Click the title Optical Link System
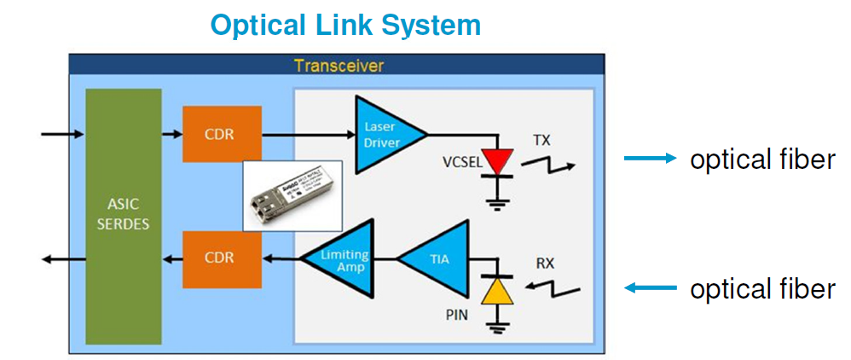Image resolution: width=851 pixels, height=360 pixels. [346, 26]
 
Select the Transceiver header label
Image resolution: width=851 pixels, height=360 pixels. [339, 66]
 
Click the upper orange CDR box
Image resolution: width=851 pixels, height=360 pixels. [222, 134]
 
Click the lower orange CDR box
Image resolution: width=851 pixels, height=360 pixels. [222, 257]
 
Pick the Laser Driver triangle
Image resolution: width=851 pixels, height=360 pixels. [383, 133]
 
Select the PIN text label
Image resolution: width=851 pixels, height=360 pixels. [458, 317]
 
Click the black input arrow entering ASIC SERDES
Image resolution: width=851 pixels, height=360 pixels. [62, 134]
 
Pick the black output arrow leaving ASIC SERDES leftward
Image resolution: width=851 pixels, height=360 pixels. [62, 258]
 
